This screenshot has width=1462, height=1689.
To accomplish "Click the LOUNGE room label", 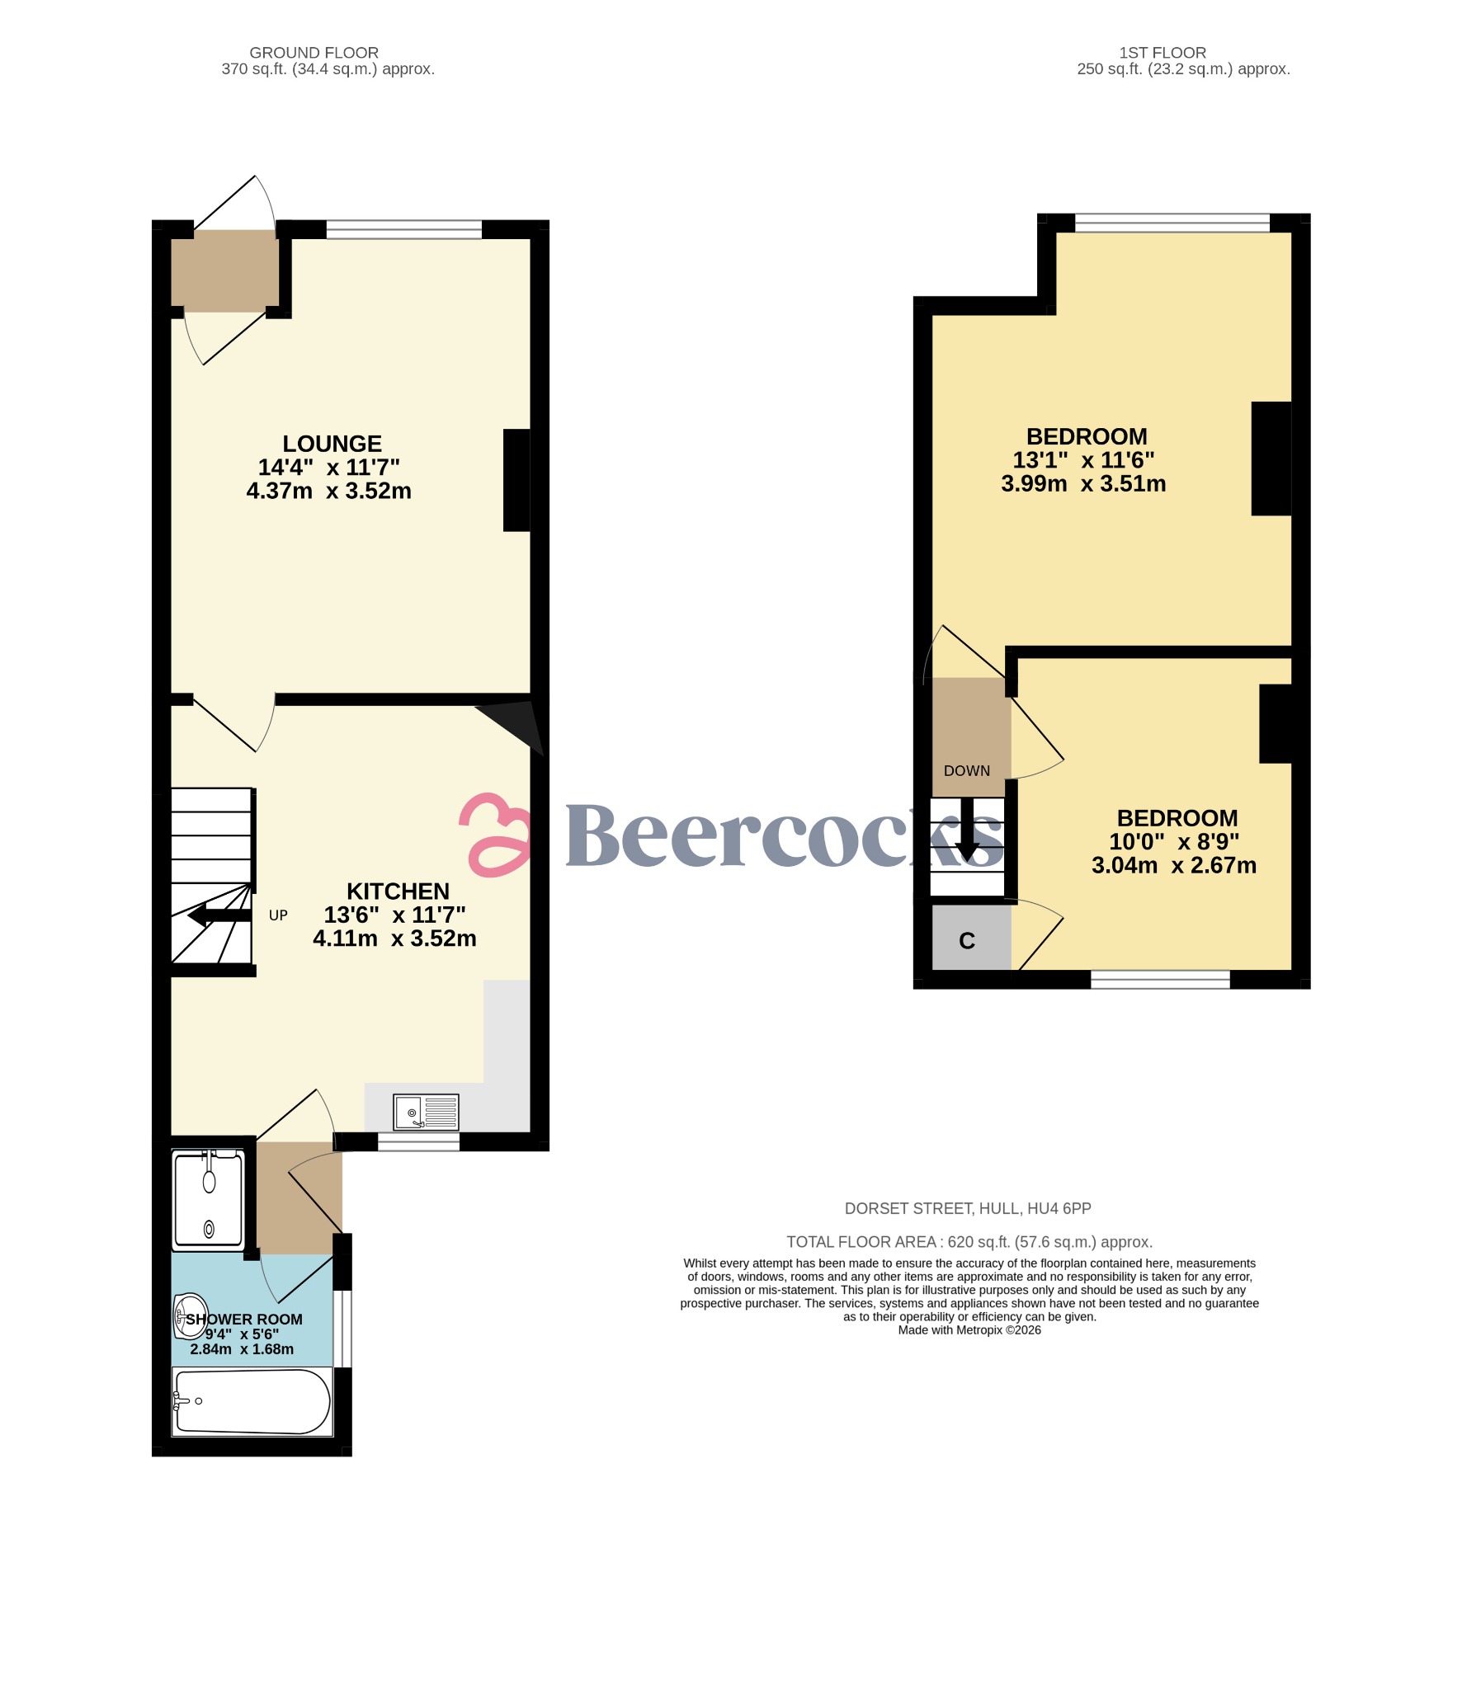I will (x=332, y=445).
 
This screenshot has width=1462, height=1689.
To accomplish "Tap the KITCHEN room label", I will (x=398, y=892).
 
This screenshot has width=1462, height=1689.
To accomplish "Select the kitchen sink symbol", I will (x=426, y=1113).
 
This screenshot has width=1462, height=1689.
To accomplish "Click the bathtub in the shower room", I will (x=252, y=1401).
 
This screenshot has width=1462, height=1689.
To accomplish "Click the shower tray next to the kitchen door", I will (x=209, y=1200).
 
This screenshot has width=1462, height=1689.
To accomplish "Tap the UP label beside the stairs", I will (x=278, y=915).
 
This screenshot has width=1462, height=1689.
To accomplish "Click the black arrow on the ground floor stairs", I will (x=218, y=915).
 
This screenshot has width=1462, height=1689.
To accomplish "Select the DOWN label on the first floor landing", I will (x=966, y=771).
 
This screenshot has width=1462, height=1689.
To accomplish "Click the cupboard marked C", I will (x=968, y=941).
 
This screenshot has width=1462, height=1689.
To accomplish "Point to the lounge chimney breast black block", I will (x=516, y=480).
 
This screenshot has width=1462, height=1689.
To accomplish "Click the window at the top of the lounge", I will (x=403, y=230).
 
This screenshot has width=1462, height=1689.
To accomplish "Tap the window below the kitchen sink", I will (x=418, y=1141).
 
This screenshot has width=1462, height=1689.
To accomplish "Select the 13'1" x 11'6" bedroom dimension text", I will (x=1083, y=460).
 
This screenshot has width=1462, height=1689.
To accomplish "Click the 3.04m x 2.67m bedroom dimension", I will (x=1173, y=865).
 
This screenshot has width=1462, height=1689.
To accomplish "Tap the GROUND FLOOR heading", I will (x=314, y=53).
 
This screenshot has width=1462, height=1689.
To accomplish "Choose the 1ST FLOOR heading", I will (x=1162, y=53).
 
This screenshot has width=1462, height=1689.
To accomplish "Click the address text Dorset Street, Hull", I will (x=967, y=1208).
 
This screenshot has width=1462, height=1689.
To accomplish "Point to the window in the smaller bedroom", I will (x=1160, y=979).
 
